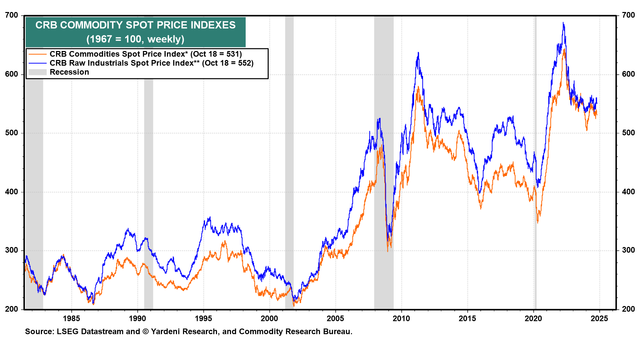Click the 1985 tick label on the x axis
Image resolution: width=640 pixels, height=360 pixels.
tap(71, 319)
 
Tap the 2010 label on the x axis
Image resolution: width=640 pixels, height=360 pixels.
tap(401, 319)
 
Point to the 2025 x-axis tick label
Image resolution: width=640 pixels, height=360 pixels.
tap(599, 319)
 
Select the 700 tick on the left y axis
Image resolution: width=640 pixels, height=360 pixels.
tap(12, 15)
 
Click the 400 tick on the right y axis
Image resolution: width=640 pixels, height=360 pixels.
tap(628, 192)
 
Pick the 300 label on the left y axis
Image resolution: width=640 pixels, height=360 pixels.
tap(12, 250)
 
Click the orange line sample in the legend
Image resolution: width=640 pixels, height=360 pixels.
tap(37, 54)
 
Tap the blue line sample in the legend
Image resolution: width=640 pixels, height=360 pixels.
tap(37, 63)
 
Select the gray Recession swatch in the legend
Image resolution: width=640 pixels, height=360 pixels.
tap(37, 72)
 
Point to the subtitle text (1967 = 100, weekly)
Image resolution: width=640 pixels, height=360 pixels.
tap(135, 39)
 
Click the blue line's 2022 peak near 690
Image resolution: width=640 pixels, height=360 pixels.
tap(563, 23)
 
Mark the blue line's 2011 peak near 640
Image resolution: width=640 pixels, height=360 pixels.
tap(418, 53)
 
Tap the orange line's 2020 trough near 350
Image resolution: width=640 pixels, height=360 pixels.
tap(538, 222)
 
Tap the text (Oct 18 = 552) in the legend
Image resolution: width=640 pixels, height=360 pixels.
tap(228, 63)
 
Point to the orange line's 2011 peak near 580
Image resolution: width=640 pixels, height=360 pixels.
tap(418, 87)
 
